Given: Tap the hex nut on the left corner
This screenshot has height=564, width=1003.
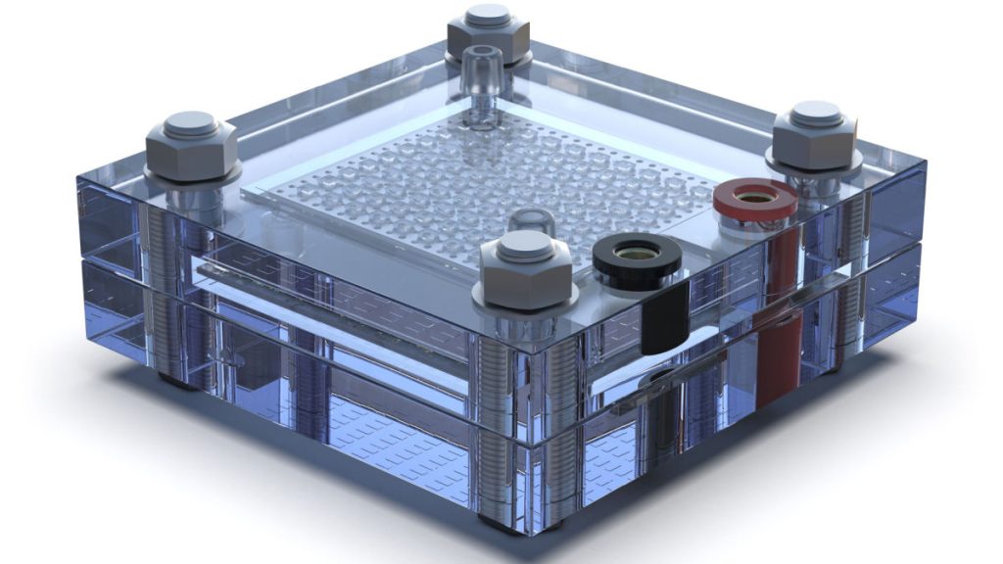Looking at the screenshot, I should click(191, 151).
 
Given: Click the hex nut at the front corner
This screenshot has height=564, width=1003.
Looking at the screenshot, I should click(526, 272).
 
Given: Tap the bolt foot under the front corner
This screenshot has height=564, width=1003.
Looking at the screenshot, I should click(509, 527).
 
